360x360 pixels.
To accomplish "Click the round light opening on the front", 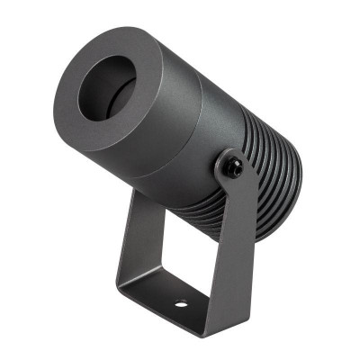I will coord(106,87).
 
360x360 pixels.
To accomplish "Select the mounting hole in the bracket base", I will coord(180,302).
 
